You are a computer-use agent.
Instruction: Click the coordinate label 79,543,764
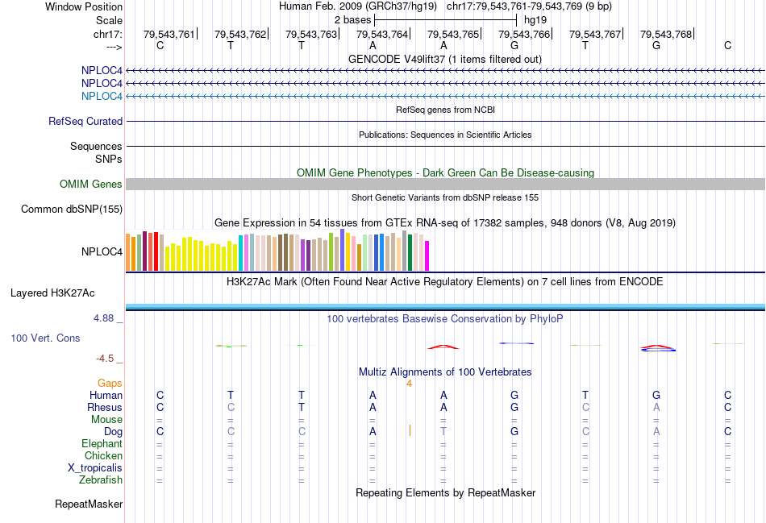(x=382, y=34)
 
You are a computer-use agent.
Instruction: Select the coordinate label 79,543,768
(x=666, y=34)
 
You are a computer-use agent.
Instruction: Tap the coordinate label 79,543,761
(x=169, y=34)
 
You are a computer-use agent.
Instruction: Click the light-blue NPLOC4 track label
(x=102, y=96)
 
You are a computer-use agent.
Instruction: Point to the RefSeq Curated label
(x=85, y=121)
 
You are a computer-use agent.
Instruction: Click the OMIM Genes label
(x=91, y=184)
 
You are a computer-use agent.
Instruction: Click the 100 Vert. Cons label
(x=45, y=338)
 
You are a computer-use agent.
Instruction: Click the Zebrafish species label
(x=102, y=480)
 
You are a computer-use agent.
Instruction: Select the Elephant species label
(x=102, y=443)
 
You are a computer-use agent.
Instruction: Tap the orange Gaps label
(x=110, y=383)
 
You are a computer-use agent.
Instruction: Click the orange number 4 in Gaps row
(x=409, y=383)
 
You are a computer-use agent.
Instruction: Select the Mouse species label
(x=106, y=419)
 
